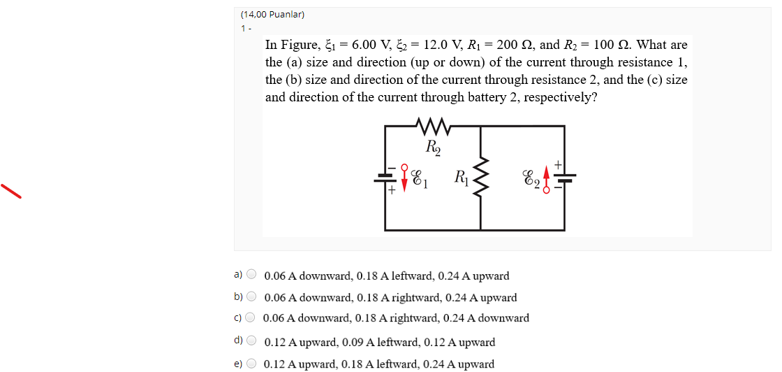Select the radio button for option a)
click(251, 274)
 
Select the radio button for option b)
click(251, 296)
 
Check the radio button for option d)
click(251, 341)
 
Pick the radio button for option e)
click(251, 363)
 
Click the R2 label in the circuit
click(433, 146)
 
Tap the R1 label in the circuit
click(461, 177)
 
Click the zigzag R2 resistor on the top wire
click(433, 127)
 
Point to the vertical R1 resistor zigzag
click(481, 177)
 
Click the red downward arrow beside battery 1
click(404, 178)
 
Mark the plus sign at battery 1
click(392, 189)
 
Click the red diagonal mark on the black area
click(11, 191)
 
